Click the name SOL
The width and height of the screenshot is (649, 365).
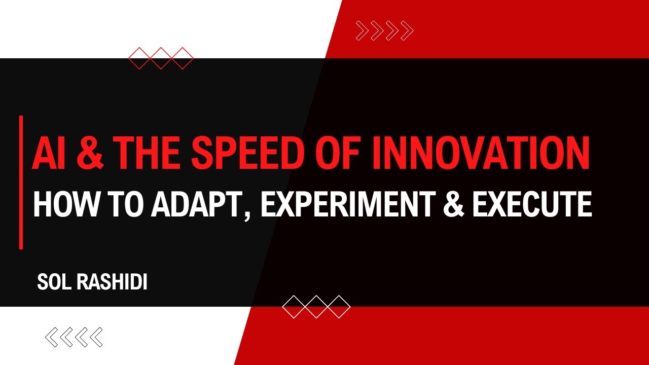54,282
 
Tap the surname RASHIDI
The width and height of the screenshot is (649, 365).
112,282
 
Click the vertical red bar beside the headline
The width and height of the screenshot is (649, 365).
21,182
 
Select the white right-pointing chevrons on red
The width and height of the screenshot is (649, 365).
385,31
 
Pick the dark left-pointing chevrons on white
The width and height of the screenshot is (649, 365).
74,337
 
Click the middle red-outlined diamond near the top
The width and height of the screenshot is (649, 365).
161,58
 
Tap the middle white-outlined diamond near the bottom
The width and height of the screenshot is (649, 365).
316,306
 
